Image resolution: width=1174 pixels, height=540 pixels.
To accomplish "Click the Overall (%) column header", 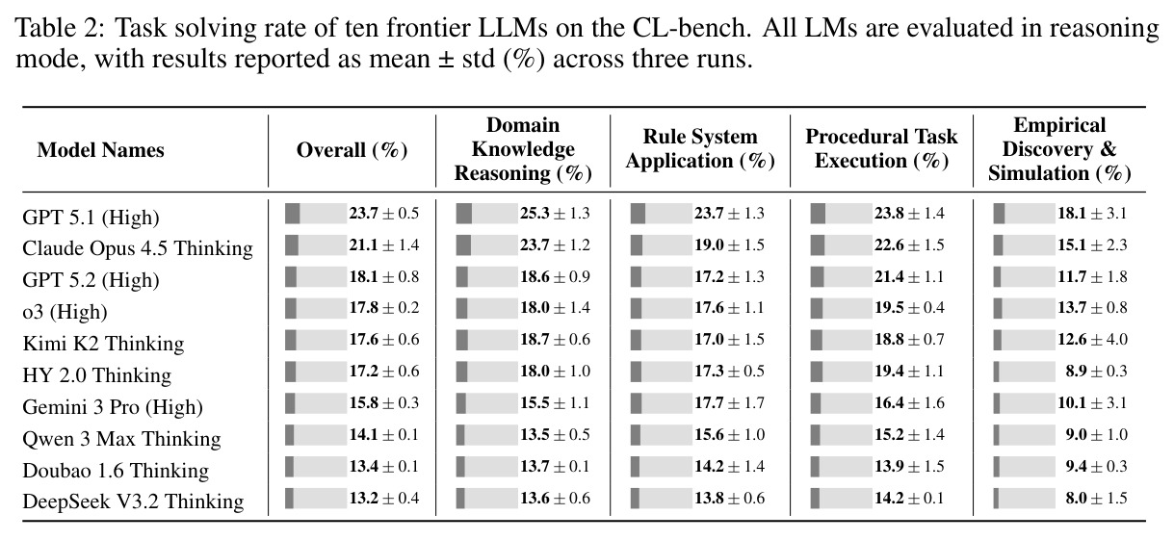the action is [352, 150].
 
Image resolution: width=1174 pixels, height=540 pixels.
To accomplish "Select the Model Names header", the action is [100, 150].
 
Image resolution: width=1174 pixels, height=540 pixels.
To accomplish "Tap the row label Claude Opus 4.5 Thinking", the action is [138, 247].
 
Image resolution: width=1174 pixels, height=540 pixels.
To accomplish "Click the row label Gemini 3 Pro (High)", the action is [113, 407].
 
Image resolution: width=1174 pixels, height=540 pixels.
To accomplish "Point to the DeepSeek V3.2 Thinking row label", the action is [133, 501].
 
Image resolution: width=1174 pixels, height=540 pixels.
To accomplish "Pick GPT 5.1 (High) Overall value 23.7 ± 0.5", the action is [384, 213].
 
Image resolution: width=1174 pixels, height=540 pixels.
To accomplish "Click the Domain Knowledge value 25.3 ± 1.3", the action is [555, 213].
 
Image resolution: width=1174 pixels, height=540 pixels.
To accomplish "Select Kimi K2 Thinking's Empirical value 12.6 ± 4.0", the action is [1092, 339].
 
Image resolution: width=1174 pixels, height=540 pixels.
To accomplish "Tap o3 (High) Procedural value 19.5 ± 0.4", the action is [909, 307].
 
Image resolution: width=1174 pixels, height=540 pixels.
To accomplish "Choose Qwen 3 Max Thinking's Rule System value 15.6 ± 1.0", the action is [730, 434].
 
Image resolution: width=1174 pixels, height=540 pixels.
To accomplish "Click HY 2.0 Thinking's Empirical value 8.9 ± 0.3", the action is [1096, 371].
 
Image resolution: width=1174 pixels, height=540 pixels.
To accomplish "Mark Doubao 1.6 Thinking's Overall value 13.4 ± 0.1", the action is [384, 466].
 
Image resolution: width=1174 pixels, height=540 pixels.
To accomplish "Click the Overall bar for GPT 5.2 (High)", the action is [316, 276].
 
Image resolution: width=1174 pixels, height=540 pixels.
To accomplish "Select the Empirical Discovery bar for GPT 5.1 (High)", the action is [1024, 214].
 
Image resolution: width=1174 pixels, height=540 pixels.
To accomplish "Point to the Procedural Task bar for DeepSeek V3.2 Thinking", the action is [841, 498].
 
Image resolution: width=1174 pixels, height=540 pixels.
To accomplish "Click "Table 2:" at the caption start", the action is [61, 28].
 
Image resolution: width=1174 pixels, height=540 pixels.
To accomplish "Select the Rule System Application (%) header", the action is [700, 149].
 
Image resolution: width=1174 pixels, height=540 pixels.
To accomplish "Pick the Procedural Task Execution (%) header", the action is [881, 149].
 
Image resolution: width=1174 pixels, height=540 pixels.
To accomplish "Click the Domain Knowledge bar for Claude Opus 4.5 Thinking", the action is [487, 245].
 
